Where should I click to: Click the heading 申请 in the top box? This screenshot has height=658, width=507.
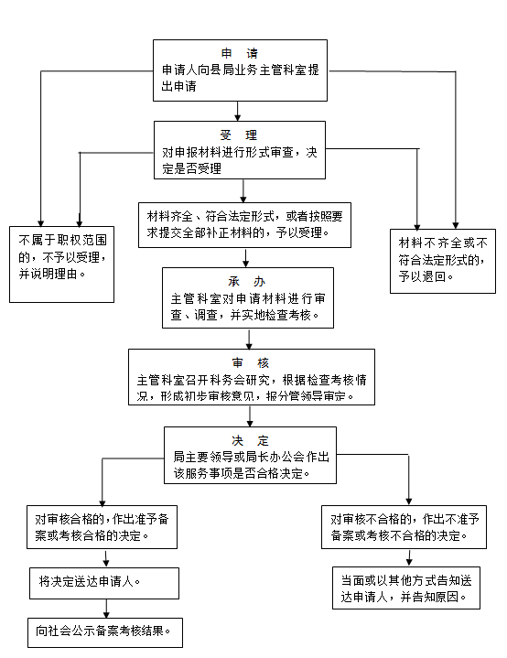point(239,53)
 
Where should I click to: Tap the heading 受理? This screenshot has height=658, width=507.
point(238,135)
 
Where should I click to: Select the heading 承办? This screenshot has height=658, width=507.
point(247,282)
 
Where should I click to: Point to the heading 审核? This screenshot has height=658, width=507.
point(250,362)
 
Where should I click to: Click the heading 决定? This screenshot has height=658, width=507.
point(250,440)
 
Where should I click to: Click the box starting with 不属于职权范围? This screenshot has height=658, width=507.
point(61,264)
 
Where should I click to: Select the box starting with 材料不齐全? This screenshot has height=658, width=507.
point(443,261)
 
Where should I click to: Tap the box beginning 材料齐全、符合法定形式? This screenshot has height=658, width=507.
point(244,225)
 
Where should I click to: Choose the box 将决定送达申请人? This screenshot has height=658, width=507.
point(104,583)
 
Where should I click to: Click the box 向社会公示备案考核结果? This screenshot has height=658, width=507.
point(105,632)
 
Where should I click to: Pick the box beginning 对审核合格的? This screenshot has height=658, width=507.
point(102,527)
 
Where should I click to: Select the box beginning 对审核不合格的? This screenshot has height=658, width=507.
point(404,527)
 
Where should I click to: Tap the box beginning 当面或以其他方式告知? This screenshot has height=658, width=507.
point(406,588)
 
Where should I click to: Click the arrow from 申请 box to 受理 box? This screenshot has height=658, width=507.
point(238,112)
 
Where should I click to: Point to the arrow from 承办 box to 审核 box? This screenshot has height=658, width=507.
point(249,339)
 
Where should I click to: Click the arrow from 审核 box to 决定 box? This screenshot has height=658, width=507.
point(250,416)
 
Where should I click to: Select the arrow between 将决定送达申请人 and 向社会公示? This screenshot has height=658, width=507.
point(106,609)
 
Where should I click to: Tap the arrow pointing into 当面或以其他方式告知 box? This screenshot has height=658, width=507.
point(409,557)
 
